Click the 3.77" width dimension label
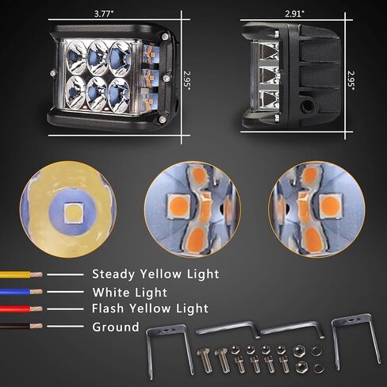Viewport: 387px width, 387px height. coord(104,13)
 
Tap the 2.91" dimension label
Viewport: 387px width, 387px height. coord(294,13)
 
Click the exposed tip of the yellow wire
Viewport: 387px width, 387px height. coord(36,274)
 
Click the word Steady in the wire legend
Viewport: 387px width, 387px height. coord(113,274)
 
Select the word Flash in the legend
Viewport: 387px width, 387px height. coord(108,308)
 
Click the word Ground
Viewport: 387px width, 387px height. coord(116,327)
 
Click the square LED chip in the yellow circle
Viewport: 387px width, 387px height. coord(74,213)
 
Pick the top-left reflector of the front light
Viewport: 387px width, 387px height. coord(76,58)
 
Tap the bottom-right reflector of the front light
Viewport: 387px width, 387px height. coord(119,94)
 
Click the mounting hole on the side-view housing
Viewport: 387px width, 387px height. coord(308,106)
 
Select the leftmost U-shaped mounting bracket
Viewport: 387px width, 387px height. coord(170,349)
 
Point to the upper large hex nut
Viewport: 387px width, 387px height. coord(299,352)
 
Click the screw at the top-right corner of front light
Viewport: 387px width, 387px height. coord(165,36)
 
